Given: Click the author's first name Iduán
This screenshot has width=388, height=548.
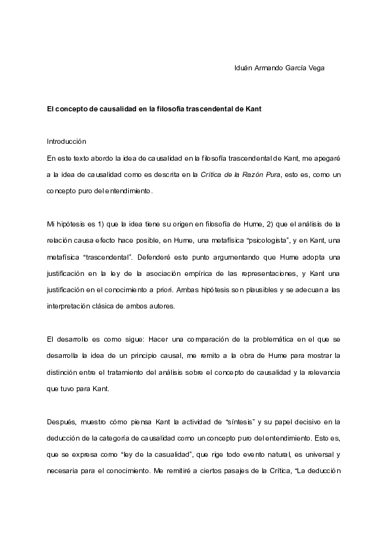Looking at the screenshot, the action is click(244, 68).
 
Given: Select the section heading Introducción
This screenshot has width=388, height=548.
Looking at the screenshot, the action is click(66, 141).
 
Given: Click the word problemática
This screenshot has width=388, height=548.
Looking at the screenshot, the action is click(279, 340).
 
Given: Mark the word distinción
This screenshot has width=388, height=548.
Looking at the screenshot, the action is click(64, 373).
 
